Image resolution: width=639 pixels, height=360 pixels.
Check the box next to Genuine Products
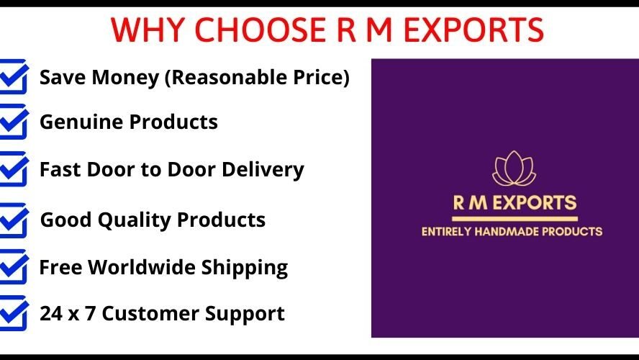(14, 122)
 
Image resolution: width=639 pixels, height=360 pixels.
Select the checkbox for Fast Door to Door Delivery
(14, 169)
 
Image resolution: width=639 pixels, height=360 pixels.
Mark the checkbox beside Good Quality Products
(14, 220)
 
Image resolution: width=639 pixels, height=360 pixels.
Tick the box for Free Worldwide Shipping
(14, 267)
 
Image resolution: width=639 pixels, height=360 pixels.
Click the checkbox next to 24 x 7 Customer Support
(14, 313)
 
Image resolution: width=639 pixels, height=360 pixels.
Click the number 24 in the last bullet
(50, 314)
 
